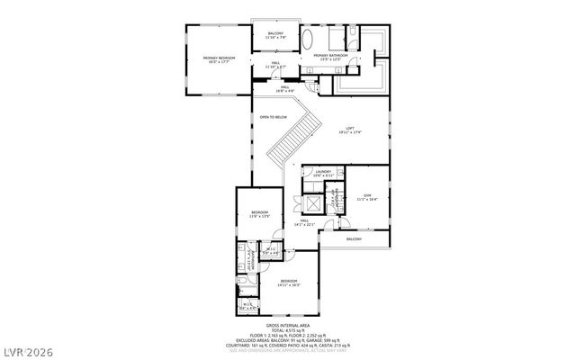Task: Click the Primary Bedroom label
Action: tap(218, 58)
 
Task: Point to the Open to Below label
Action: tap(273, 117)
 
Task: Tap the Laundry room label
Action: tap(323, 171)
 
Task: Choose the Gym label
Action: tap(367, 195)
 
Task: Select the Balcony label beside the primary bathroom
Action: tap(275, 34)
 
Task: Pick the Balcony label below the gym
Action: tap(355, 239)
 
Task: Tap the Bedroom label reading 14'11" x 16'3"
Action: tap(289, 283)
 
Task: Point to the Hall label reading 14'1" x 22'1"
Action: tap(305, 220)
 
